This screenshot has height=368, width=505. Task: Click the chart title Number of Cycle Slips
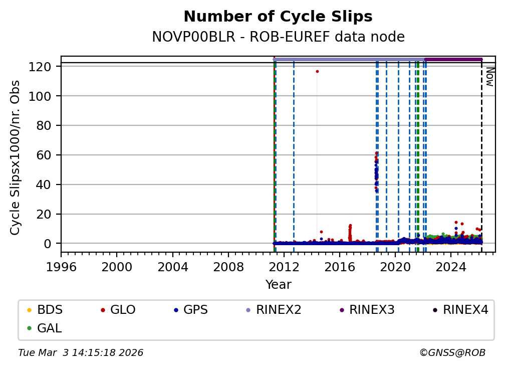(278, 17)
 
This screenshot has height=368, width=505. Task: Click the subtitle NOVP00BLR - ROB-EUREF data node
(278, 37)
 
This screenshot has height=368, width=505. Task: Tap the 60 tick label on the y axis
(44, 155)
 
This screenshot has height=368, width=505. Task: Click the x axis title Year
(278, 285)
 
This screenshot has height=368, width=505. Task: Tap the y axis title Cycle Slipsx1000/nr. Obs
(16, 157)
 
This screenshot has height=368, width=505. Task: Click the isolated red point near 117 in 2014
(317, 71)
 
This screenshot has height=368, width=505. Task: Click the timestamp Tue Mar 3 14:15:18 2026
(81, 353)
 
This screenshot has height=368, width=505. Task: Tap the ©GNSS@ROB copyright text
(452, 353)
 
